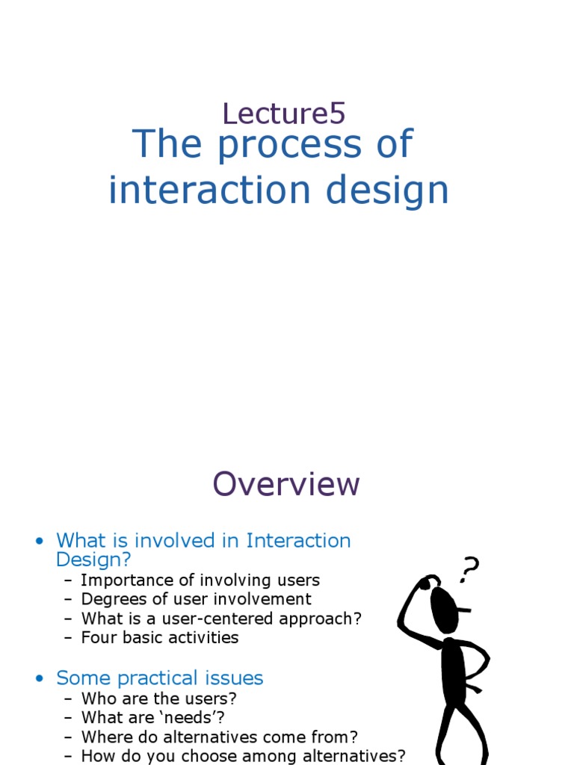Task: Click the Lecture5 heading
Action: pos(284,114)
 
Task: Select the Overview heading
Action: pos(286,484)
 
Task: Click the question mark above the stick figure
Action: pos(469,569)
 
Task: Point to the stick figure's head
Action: pos(445,607)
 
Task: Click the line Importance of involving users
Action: pos(200,580)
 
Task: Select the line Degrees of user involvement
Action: pos(196,599)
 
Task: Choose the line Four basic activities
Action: pos(159,637)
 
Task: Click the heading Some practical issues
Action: pos(160,678)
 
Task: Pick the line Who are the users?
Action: pos(158,699)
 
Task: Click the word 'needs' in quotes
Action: pos(196,718)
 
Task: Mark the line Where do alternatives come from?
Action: pos(219,737)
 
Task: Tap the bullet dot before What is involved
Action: pos(39,541)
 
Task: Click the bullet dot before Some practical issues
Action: pos(39,678)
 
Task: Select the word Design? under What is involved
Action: pos(93,560)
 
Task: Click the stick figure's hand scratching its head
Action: pos(424,583)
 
